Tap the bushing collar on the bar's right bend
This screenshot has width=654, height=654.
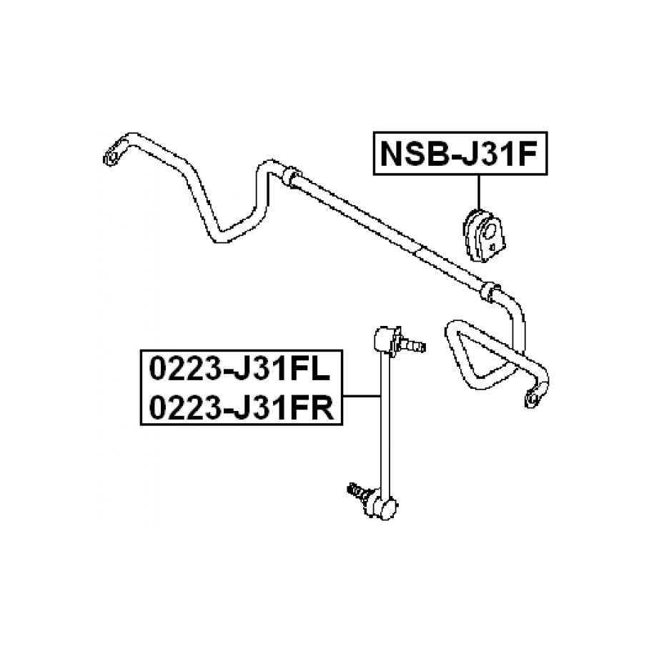[488, 290]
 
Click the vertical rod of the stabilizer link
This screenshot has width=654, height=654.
[384, 422]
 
